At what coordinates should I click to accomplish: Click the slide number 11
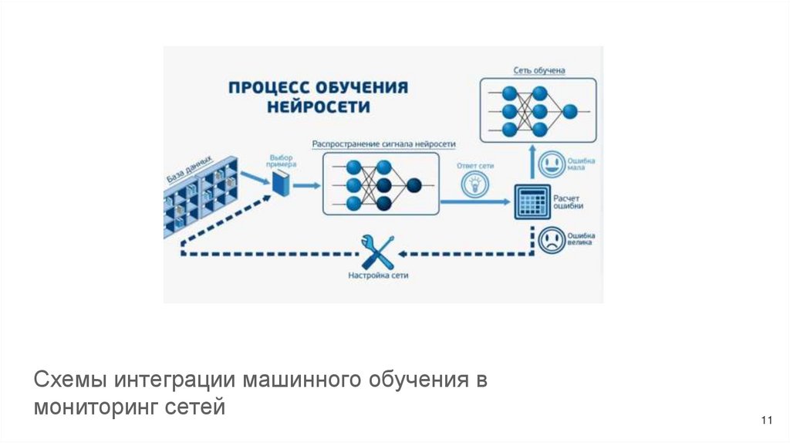click(766, 420)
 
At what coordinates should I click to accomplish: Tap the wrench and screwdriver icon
click(377, 252)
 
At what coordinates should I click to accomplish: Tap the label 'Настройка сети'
click(377, 276)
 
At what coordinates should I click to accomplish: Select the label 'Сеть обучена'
click(539, 70)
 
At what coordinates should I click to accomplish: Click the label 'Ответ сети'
click(474, 166)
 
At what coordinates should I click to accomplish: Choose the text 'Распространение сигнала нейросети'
click(384, 144)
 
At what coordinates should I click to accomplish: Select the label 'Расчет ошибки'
click(569, 202)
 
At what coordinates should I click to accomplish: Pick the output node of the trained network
click(569, 111)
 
